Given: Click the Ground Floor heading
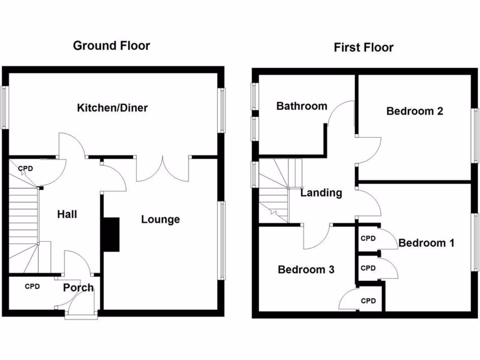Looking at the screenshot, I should pos(112,45).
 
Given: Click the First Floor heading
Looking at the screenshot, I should pos(363,47).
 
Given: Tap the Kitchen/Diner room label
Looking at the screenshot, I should pos(112,108).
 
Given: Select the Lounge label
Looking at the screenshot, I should pos(161,219).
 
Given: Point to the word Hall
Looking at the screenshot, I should pos(67,215).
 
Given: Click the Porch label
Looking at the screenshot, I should pos(78,287).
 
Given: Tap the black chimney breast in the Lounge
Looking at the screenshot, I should pos(111,234).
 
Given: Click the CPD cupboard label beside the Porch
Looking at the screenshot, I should pos(32,286).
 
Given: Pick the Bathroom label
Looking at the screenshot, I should pos(301,106).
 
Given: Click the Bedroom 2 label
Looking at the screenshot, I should pos(414,111).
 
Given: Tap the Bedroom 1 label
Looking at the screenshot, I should pos(426,243).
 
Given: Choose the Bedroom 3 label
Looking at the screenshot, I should pos(306,270).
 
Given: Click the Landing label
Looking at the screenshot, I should pos(321,193).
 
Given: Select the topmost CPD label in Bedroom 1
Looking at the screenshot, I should pos(368,238).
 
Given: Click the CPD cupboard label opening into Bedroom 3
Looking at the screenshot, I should pos(368,301).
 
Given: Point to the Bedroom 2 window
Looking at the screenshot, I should pos(475,135).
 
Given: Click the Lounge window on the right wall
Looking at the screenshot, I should pos(221,240).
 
